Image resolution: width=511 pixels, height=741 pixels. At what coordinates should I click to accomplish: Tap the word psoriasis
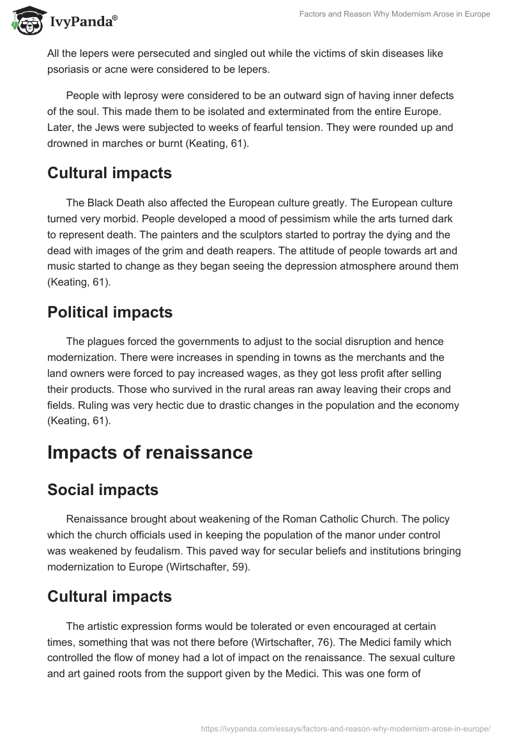[x=69, y=70]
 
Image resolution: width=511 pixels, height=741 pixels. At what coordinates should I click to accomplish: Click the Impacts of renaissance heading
[x=150, y=452]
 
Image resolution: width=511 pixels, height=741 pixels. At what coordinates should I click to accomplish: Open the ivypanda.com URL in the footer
[x=345, y=728]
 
